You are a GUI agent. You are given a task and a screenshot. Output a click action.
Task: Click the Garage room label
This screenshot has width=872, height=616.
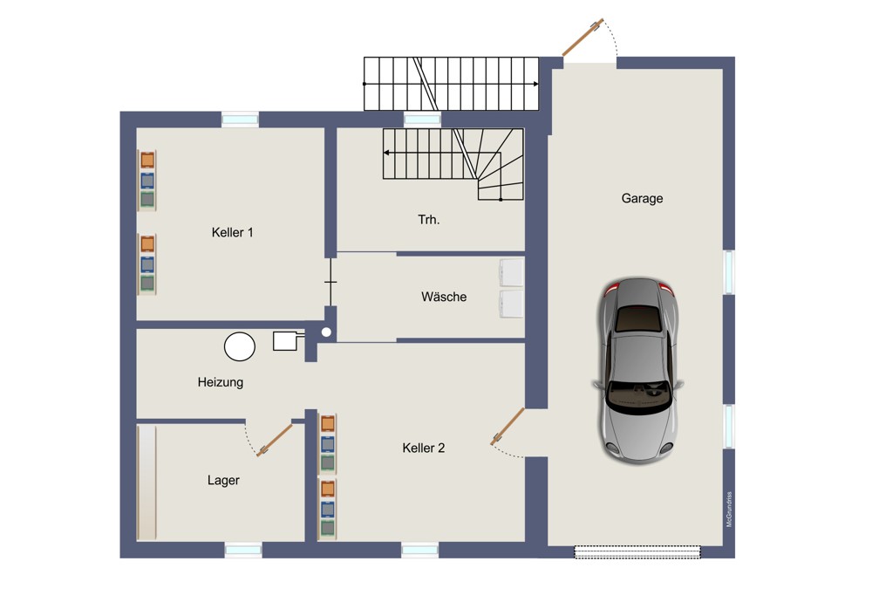click(x=642, y=199)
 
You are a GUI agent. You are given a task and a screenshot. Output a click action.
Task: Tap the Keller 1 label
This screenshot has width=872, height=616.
click(x=233, y=233)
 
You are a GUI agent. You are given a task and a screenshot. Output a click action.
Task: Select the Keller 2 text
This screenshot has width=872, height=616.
click(x=423, y=448)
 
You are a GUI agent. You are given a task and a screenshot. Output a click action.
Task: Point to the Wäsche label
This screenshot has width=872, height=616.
click(x=444, y=297)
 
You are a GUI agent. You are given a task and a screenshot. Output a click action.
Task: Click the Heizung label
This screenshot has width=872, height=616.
click(x=221, y=382)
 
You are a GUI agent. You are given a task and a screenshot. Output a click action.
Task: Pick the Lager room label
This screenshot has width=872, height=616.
click(x=223, y=480)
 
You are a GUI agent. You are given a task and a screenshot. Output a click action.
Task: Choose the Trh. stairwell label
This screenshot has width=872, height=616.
click(x=429, y=220)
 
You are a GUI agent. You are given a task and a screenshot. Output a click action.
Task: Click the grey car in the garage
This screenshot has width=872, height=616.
click(x=638, y=370)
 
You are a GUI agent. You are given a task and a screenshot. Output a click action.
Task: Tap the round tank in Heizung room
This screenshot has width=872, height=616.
click(x=240, y=346)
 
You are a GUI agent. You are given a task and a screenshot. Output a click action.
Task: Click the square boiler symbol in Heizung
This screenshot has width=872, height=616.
click(x=285, y=341)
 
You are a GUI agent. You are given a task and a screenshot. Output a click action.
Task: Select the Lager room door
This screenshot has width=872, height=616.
click(x=275, y=440)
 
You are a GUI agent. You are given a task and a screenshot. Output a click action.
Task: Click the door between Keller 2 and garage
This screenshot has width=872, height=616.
click(x=508, y=427)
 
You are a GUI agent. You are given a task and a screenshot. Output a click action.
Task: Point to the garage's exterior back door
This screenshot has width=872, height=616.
click(x=582, y=38)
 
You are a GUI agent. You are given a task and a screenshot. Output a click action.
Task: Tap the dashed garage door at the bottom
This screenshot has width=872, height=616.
click(x=637, y=551)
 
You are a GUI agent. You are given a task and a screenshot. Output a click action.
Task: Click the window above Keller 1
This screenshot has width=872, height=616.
click(x=241, y=119)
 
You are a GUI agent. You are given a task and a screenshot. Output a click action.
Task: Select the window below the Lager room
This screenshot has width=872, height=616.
click(x=243, y=551)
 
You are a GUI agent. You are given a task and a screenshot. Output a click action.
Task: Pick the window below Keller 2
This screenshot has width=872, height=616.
click(x=420, y=551)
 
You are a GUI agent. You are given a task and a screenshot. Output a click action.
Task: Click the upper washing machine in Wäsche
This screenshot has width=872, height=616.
click(x=512, y=273)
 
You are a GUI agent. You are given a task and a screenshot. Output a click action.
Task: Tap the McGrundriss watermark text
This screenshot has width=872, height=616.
click(x=729, y=510)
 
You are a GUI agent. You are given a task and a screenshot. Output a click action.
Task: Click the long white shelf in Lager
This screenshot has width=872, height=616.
click(x=146, y=482)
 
